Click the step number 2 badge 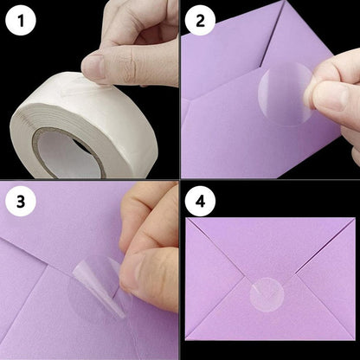coord(202,22)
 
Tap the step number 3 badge coord(22,202)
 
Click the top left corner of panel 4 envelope coord(188,218)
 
